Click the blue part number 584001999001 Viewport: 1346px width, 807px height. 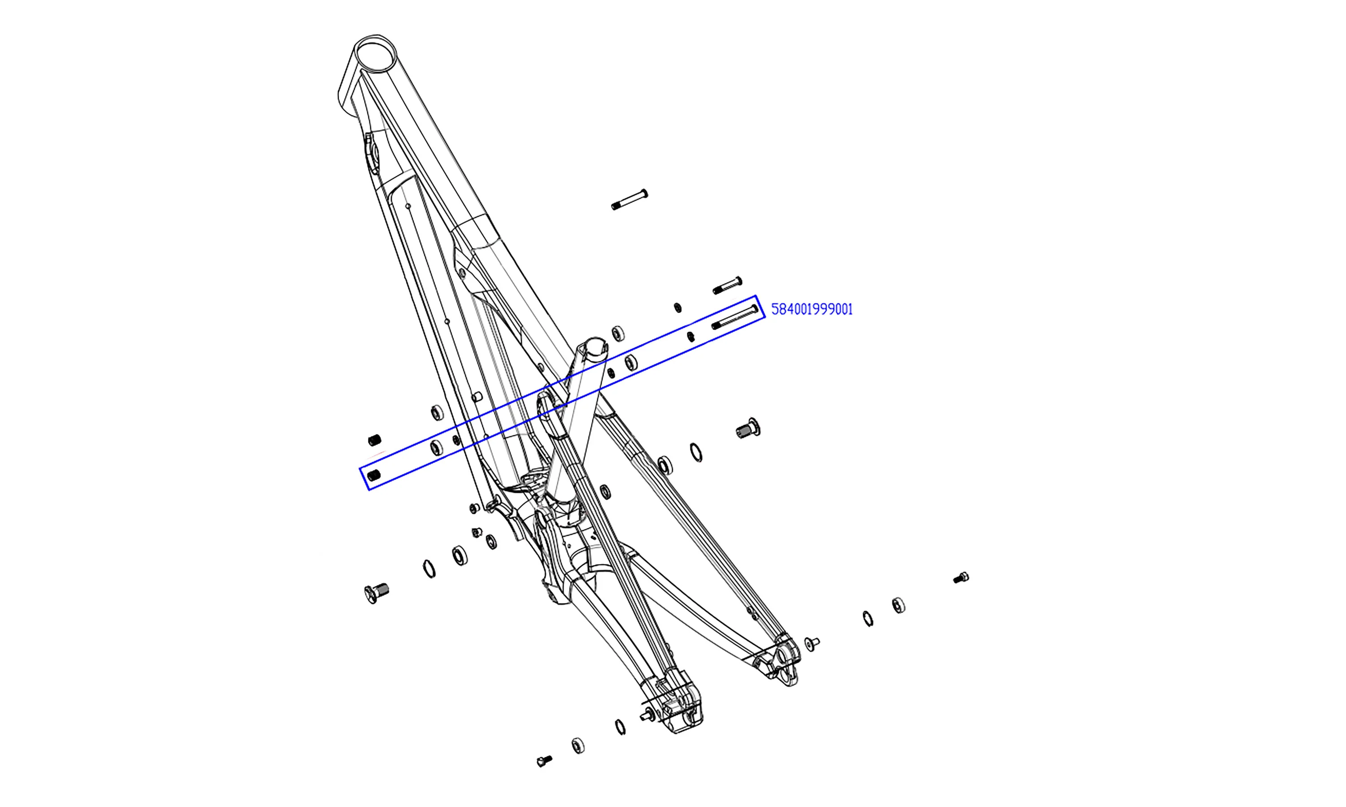[812, 309]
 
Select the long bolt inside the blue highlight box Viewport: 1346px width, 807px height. [734, 317]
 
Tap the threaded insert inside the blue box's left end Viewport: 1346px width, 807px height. [374, 476]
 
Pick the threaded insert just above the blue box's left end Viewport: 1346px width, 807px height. [375, 440]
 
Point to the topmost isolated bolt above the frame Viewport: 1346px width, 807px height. [629, 199]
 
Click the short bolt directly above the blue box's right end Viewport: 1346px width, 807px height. [727, 286]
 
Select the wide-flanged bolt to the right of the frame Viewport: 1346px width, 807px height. [748, 429]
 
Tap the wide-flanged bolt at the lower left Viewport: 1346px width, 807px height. [376, 593]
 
